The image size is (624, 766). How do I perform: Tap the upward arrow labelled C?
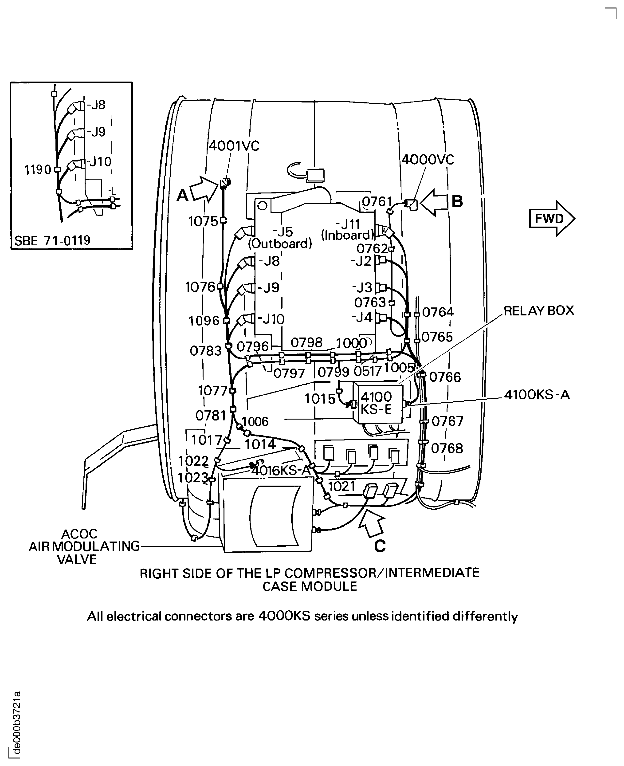tap(371, 524)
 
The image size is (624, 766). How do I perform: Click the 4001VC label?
tap(234, 146)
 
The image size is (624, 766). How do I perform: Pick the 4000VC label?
tap(427, 160)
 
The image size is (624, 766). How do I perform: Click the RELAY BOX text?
tap(538, 310)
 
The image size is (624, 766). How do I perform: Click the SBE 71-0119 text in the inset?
tap(52, 240)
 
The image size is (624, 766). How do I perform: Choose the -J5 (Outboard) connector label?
tap(280, 238)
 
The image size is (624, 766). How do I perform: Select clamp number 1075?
tap(204, 221)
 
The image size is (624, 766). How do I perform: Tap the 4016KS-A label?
tap(281, 471)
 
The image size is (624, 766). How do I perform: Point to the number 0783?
tap(206, 351)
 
